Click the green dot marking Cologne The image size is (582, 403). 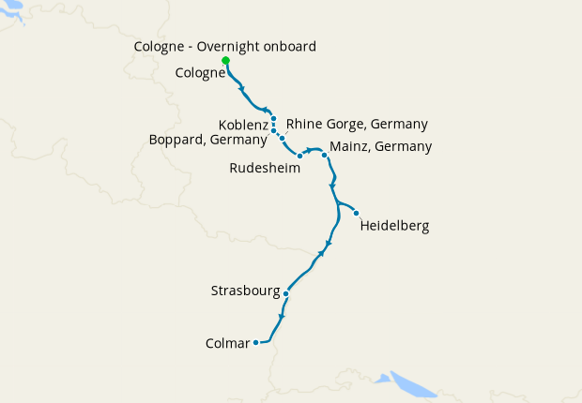(225, 61)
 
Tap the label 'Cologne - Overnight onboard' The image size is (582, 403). (225, 46)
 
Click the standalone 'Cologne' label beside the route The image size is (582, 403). (200, 72)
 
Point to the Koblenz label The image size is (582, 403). (243, 125)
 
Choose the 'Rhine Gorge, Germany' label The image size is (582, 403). (357, 124)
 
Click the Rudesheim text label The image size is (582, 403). (265, 169)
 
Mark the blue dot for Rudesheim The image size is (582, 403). (299, 156)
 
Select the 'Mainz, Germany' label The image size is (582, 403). (381, 146)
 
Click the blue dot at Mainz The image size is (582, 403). (325, 155)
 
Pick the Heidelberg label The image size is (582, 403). (394, 226)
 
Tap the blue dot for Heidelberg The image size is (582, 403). (357, 213)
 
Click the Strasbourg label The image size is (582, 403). (247, 291)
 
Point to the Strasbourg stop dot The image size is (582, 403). (285, 293)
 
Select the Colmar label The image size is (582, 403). (227, 343)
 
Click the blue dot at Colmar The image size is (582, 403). (255, 342)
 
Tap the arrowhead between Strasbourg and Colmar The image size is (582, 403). (282, 316)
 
